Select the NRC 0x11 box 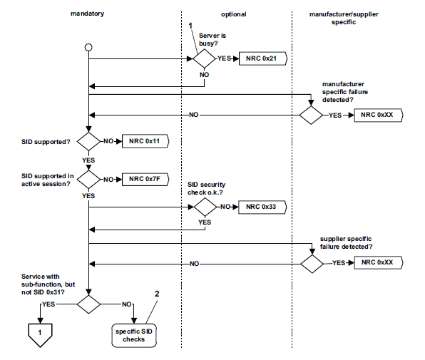145,141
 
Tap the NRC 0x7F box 145,178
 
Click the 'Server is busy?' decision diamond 205,58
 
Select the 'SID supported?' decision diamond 88,141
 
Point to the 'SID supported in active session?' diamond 88,178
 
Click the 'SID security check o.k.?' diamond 205,207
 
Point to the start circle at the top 88,47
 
